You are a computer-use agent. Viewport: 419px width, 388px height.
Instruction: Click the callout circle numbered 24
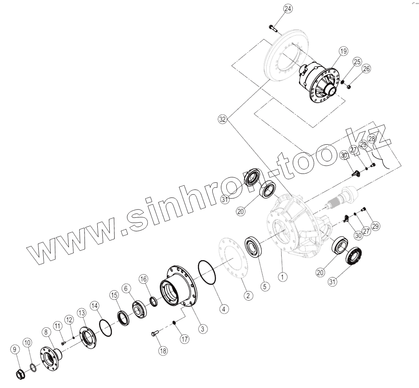pyautogui.click(x=287, y=9)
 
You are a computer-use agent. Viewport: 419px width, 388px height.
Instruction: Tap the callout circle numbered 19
pyautogui.click(x=344, y=51)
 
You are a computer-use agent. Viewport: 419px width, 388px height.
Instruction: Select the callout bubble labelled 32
pyautogui.click(x=223, y=119)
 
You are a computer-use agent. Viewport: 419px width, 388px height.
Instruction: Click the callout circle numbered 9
pyautogui.click(x=15, y=350)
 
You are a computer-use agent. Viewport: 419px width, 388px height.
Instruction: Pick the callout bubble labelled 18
pyautogui.click(x=163, y=351)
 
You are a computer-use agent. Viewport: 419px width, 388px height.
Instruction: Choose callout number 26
pyautogui.click(x=367, y=69)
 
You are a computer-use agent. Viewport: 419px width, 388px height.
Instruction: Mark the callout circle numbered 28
pyautogui.click(x=372, y=139)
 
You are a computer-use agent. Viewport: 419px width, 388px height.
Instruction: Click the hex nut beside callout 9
pyautogui.click(x=19, y=375)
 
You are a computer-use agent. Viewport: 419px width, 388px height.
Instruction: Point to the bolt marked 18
pyautogui.click(x=155, y=333)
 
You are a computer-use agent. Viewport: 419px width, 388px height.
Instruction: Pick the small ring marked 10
pyautogui.click(x=33, y=367)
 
